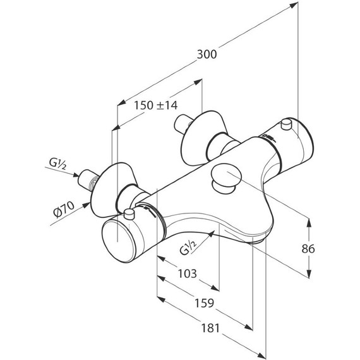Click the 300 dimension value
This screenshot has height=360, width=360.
click(207, 54)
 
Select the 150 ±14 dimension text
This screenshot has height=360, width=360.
click(155, 105)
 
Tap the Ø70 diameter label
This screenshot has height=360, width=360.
click(64, 209)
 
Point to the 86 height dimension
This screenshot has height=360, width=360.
click(308, 249)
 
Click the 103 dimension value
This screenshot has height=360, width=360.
click(188, 273)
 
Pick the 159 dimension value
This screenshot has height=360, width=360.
click(204, 303)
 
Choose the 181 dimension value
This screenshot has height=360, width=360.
click(210, 328)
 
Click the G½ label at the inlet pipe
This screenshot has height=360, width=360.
click(57, 164)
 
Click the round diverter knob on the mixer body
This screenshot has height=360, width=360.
click(227, 176)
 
